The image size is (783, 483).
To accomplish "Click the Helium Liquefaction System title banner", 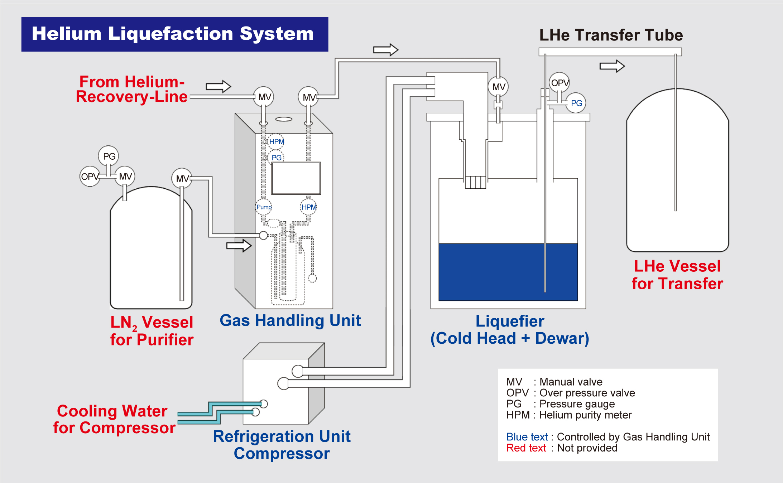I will pyautogui.click(x=174, y=34).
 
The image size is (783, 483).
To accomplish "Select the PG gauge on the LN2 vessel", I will pyautogui.click(x=109, y=156).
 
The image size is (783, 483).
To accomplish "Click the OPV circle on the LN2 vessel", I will pyautogui.click(x=90, y=176).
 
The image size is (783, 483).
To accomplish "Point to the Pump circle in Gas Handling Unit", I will pyautogui.click(x=264, y=207).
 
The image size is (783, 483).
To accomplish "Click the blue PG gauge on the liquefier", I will pyautogui.click(x=576, y=103).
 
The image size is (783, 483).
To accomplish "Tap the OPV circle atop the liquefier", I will pyautogui.click(x=559, y=83).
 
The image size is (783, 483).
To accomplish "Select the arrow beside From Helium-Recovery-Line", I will pyautogui.click(x=218, y=86).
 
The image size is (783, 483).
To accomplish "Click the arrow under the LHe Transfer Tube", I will pyautogui.click(x=612, y=66).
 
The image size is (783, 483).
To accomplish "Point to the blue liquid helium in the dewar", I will pyautogui.click(x=508, y=272).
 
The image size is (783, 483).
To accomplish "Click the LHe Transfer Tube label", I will pyautogui.click(x=611, y=35).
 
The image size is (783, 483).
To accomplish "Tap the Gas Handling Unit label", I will pyautogui.click(x=290, y=320).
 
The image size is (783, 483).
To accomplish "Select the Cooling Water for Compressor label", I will pyautogui.click(x=114, y=419).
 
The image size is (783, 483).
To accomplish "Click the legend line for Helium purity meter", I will pyautogui.click(x=569, y=415).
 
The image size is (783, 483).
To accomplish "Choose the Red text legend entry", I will pyautogui.click(x=562, y=448).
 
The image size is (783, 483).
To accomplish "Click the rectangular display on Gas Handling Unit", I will pyautogui.click(x=296, y=178).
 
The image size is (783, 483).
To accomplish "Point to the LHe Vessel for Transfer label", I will pyautogui.click(x=677, y=275).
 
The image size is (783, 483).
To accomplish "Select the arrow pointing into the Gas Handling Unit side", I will pyautogui.click(x=239, y=246).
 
